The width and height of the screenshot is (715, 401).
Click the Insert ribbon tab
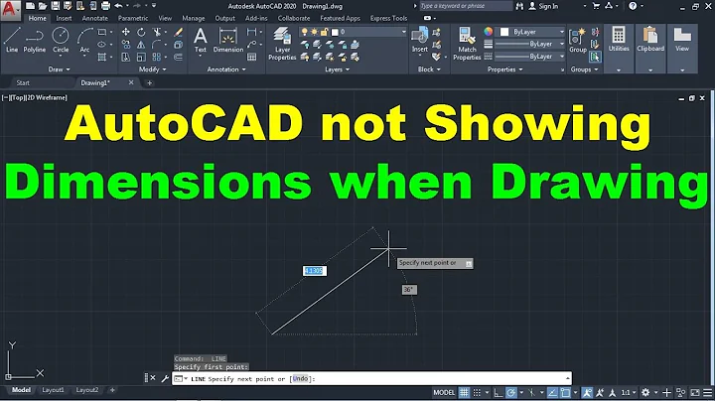[65, 18]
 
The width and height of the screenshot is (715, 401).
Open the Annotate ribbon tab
[96, 18]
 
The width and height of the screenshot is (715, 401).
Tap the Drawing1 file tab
[95, 82]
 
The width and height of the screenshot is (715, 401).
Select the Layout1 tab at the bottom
[52, 390]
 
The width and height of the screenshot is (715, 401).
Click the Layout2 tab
[87, 390]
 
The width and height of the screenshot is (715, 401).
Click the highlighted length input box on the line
[314, 270]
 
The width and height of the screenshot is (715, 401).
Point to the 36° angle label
[408, 290]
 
